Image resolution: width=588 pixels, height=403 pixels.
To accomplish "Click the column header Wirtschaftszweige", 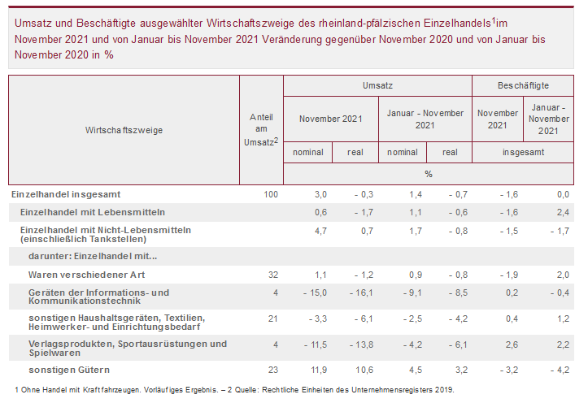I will click(124, 130).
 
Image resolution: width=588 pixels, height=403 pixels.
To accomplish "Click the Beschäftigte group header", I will click(522, 85).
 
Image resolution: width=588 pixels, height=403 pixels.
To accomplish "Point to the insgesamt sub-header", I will click(522, 152).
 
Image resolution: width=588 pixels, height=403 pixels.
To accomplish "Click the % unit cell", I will click(429, 174).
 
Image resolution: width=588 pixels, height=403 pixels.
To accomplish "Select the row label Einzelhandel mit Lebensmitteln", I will click(92, 212).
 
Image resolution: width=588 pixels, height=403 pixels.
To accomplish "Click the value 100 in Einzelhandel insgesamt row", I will click(271, 194).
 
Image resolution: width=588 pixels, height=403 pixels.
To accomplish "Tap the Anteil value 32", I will click(273, 275).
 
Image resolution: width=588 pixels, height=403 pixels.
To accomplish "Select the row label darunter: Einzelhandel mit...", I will click(93, 257).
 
